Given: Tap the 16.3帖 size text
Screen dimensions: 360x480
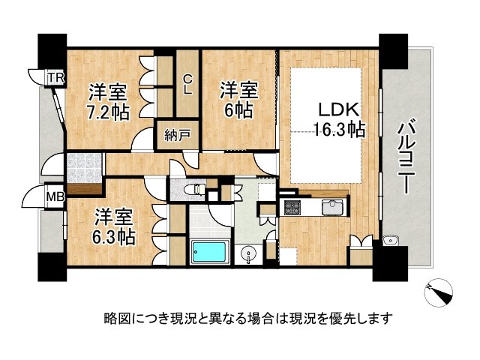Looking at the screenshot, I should pos(340,129).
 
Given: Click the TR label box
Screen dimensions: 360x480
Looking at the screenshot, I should pos(55,77).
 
